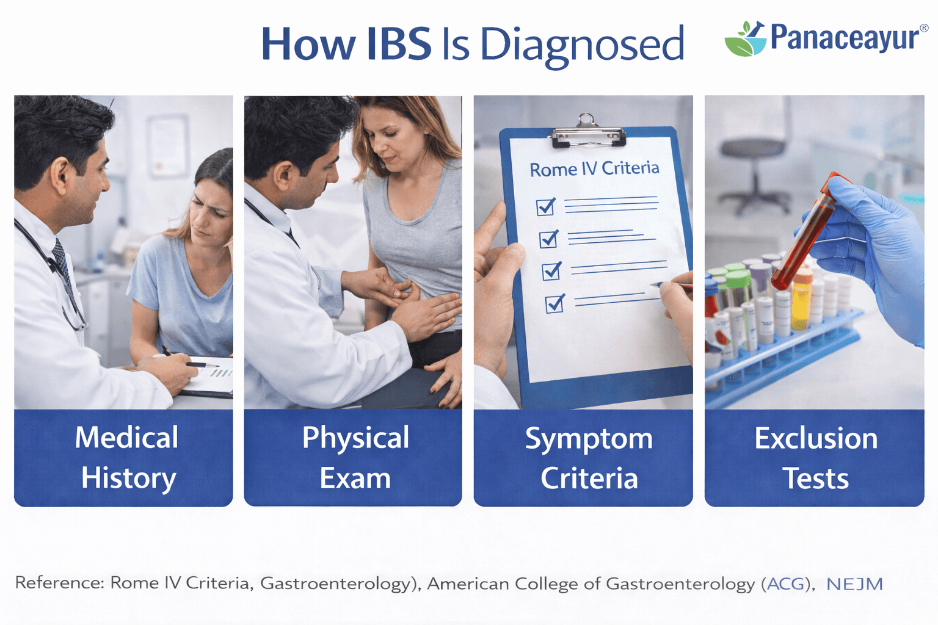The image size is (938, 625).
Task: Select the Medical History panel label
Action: pos(127,457)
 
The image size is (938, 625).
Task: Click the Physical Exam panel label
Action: pos(355,457)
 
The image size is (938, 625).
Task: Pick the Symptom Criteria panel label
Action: pos(588,458)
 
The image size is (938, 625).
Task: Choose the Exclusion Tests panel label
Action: pos(815,458)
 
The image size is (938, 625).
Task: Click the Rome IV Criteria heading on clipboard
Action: pos(594,168)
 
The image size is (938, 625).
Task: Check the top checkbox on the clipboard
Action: pos(545,207)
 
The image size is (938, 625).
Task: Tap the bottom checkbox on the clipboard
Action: pos(554,303)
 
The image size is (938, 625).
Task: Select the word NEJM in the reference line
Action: pos(854,584)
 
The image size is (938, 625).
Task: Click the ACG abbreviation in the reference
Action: pos(787,584)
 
